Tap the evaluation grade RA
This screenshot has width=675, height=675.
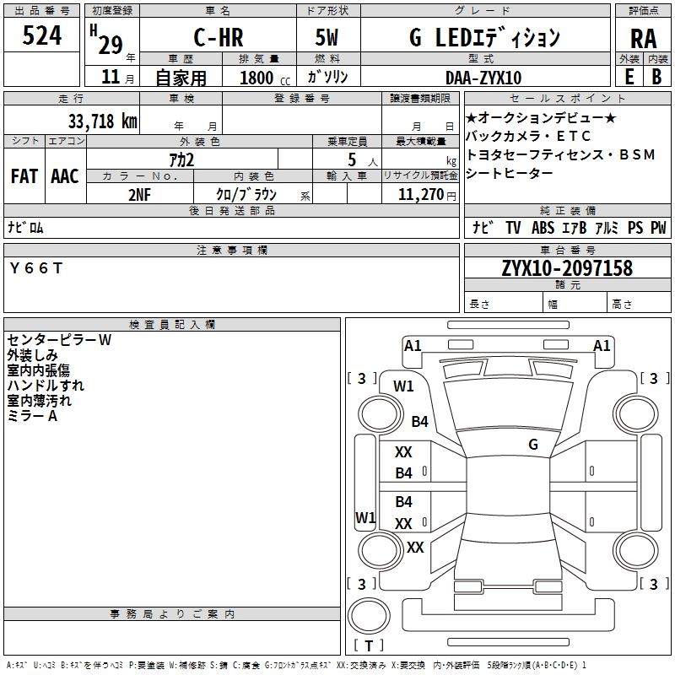coord(643,39)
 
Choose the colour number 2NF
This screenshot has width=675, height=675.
coord(140,193)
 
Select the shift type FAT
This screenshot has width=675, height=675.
coord(24,175)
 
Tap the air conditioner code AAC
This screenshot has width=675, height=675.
coord(65,175)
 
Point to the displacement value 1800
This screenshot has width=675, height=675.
coord(256,78)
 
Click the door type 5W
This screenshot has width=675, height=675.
coord(327,37)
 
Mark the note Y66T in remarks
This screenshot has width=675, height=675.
coord(35,268)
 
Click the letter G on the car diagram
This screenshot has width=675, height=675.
coord(533,444)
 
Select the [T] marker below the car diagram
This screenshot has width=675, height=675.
coord(369,646)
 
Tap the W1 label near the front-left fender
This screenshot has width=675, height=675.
coord(403,386)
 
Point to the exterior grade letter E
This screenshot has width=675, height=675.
coord(629,76)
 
